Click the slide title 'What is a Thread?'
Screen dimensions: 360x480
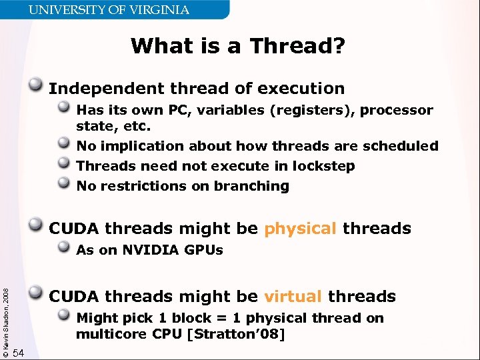click(x=238, y=46)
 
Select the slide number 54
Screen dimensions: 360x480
click(x=19, y=353)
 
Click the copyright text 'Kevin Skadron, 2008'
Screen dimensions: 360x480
click(x=7, y=319)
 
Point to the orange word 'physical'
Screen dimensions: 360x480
click(x=300, y=229)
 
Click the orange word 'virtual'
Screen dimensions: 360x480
click(x=293, y=297)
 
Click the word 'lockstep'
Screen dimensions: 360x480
click(x=323, y=166)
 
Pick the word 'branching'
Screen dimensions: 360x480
click(x=256, y=187)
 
